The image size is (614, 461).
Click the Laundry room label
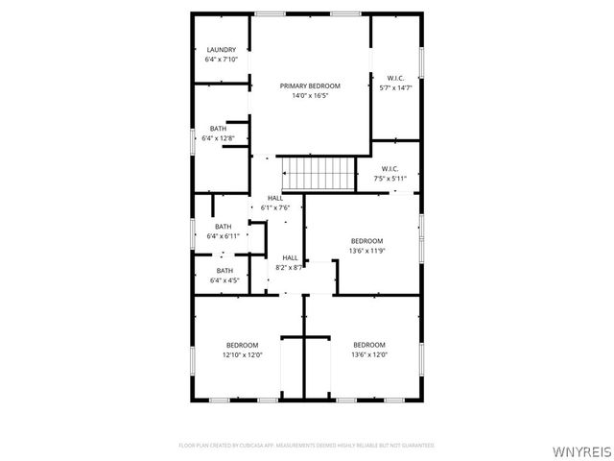click(x=221, y=50)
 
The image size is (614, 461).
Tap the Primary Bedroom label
click(x=310, y=86)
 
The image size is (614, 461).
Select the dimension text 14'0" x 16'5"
click(x=310, y=96)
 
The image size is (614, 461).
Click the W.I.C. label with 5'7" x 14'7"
click(x=395, y=78)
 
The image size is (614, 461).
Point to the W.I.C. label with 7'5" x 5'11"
click(x=390, y=169)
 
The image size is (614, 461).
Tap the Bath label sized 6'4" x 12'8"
click(x=219, y=129)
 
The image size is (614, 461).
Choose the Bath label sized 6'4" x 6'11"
click(x=223, y=227)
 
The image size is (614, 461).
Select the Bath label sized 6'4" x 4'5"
click(x=224, y=271)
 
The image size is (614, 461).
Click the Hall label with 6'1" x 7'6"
click(x=275, y=198)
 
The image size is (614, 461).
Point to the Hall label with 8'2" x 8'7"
click(x=289, y=257)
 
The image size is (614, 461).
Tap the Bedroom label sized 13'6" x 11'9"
click(x=366, y=241)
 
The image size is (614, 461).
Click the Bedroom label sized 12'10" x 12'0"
click(x=242, y=345)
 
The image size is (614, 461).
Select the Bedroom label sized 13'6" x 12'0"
click(x=368, y=345)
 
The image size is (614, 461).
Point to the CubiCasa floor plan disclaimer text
click(x=307, y=446)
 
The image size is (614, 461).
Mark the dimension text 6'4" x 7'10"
click(x=221, y=60)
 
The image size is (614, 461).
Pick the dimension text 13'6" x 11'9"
click(x=366, y=251)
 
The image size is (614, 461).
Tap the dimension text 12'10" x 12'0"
click(x=242, y=354)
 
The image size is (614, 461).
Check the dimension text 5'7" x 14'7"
click(x=395, y=87)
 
